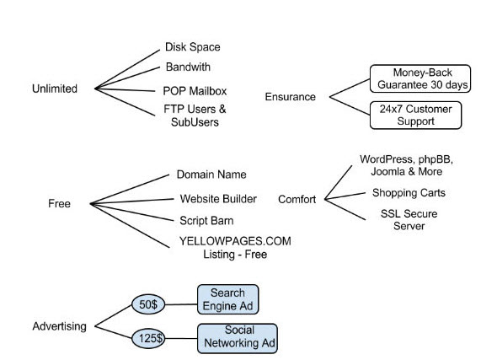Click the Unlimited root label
[55, 89]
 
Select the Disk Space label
[193, 47]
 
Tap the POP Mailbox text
[195, 91]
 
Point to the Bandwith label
[188, 67]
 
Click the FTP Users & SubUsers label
[195, 116]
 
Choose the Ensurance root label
[290, 97]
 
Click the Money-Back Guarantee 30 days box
[420, 78]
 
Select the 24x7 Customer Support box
[415, 116]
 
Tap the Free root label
[59, 203]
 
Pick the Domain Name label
[211, 175]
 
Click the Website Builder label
[218, 199]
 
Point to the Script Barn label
[206, 221]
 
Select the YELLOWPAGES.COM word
[235, 241]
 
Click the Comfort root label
[297, 200]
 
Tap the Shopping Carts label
[409, 193]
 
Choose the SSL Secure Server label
[409, 220]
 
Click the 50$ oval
[148, 304]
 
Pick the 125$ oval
[148, 339]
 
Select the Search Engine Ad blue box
[228, 299]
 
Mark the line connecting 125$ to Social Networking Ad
[181, 339]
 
